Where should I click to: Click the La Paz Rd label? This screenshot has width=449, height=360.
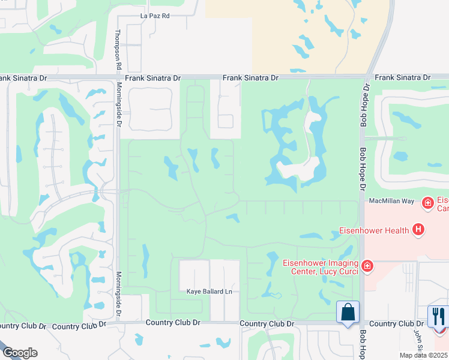click(155, 16)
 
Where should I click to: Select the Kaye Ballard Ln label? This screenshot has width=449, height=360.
click(209, 292)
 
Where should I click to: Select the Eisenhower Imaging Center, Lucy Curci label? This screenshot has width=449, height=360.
click(321, 266)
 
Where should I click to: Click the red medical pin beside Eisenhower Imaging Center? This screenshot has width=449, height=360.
click(367, 265)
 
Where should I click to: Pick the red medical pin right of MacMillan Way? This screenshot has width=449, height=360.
click(427, 203)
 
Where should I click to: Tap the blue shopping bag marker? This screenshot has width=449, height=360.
click(348, 312)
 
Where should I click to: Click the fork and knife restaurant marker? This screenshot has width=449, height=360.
click(439, 316)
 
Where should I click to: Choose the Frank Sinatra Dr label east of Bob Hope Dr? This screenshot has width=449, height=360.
click(402, 78)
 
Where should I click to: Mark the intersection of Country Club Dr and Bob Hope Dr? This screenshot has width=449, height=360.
click(362, 323)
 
